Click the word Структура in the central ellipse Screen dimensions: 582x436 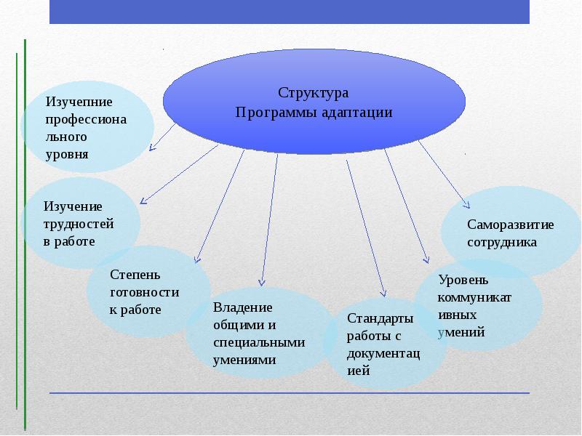[314, 94]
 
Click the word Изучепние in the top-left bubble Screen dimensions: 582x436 [79, 102]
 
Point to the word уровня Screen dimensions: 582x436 [67, 155]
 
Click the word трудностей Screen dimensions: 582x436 [79, 224]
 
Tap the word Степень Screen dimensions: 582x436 [135, 275]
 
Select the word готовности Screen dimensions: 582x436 [144, 292]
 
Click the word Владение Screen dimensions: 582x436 [243, 307]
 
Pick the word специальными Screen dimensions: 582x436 [259, 342]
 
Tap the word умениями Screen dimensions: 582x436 [244, 360]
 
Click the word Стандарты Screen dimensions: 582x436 [380, 318]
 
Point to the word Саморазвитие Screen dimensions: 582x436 [511, 225]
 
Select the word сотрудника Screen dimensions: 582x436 [502, 242]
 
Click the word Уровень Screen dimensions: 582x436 [463, 280]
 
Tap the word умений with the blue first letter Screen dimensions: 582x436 [461, 332]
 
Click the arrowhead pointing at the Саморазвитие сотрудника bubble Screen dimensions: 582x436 [467, 204]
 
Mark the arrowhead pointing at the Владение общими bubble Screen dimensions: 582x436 [262, 283]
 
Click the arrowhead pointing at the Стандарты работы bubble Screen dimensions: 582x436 [383, 294]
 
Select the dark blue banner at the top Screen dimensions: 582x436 [290, 12]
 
